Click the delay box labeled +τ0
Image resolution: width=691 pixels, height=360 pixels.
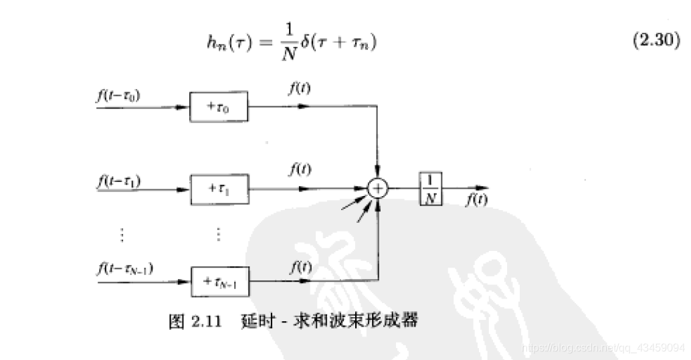click(218, 107)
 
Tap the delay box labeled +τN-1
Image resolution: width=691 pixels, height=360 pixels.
click(219, 282)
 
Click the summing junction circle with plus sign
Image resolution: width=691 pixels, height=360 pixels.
click(379, 189)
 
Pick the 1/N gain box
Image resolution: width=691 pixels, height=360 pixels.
click(431, 189)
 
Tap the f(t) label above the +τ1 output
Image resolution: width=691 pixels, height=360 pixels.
click(298, 170)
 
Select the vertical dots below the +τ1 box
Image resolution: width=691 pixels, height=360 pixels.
click(218, 234)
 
